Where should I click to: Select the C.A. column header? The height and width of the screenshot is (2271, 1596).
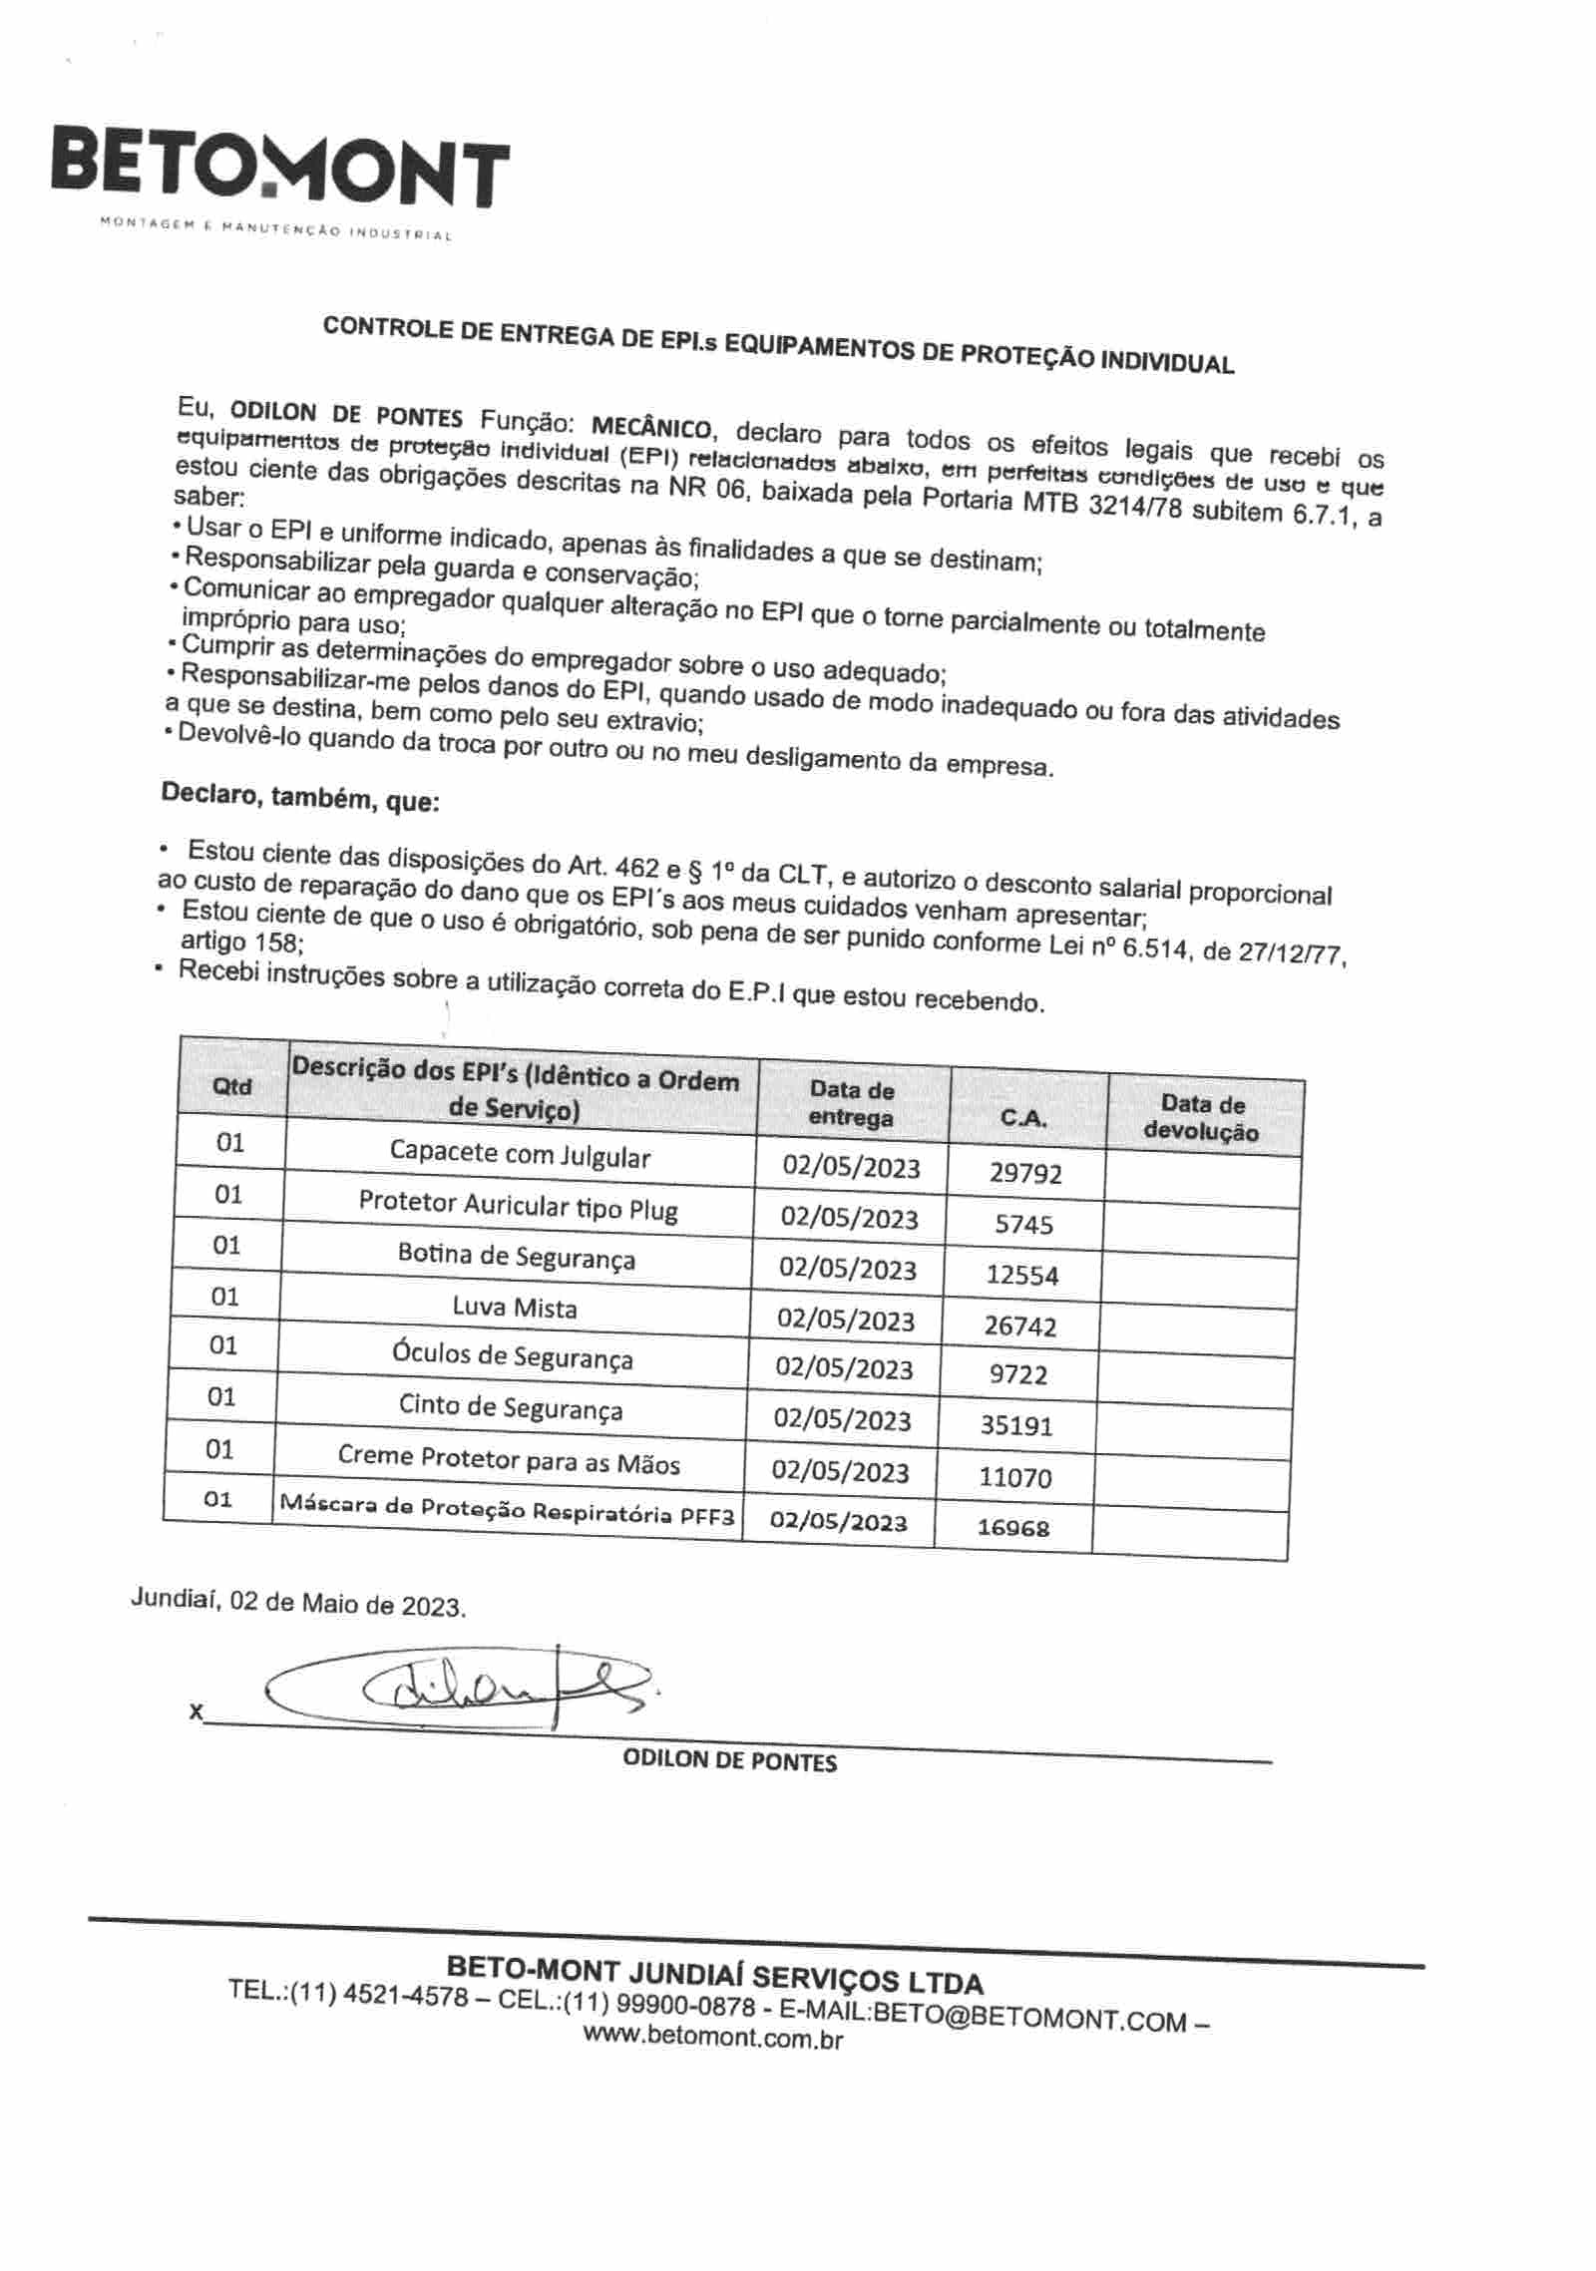pyautogui.click(x=1023, y=1118)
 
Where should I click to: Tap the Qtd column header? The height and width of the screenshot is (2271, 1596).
pyautogui.click(x=232, y=1087)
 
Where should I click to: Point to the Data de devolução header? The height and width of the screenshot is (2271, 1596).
pyautogui.click(x=1202, y=1118)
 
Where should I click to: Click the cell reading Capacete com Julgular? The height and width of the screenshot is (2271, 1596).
pyautogui.click(x=520, y=1154)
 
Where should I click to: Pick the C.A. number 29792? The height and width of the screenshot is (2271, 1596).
pyautogui.click(x=1025, y=1173)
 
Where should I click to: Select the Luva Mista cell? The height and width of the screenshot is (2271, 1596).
pyautogui.click(x=515, y=1307)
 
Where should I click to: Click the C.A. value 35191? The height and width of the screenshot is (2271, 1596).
pyautogui.click(x=1016, y=1425)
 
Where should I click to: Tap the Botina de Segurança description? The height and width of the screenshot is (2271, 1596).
pyautogui.click(x=517, y=1256)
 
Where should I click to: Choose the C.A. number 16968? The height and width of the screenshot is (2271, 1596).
pyautogui.click(x=1013, y=1527)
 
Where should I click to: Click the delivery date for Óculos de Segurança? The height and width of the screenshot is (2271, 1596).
pyautogui.click(x=844, y=1368)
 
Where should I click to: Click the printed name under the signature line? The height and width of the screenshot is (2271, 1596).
pyautogui.click(x=729, y=1761)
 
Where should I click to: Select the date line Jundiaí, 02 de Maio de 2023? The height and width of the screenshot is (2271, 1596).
pyautogui.click(x=298, y=1605)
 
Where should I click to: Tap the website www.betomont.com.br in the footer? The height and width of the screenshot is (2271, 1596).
pyautogui.click(x=712, y=2039)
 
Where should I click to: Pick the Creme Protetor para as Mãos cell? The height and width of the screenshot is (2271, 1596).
pyautogui.click(x=509, y=1460)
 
